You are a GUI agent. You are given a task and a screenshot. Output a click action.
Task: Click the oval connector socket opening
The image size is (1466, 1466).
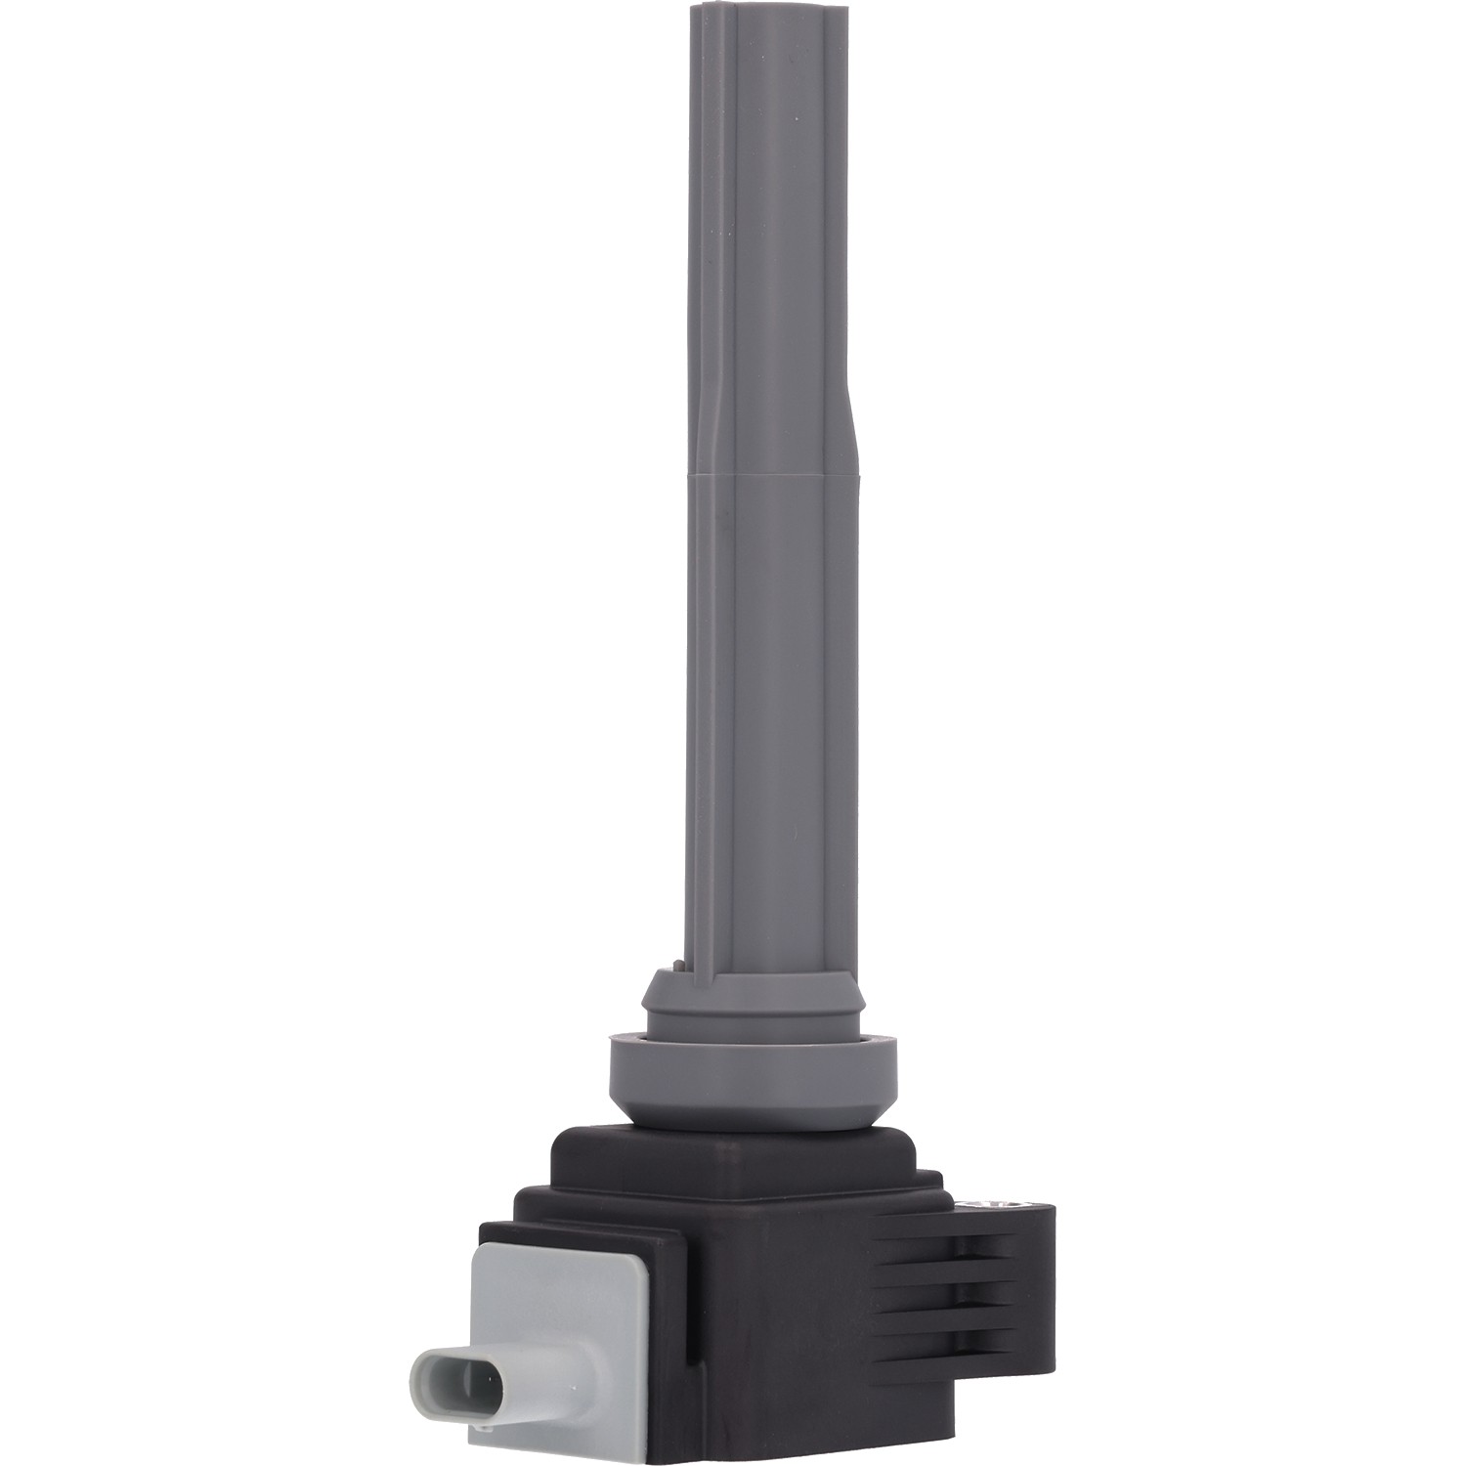pos(459,1378)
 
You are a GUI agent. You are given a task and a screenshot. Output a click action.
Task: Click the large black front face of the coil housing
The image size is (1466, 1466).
pos(782,1349)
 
